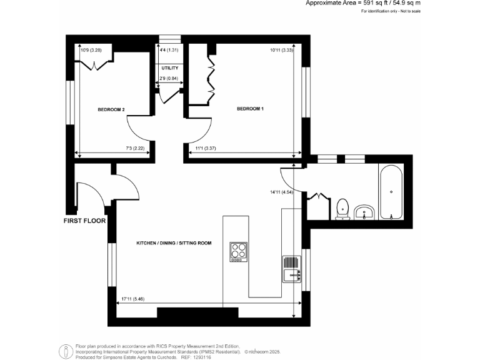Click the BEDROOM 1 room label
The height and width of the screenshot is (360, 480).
[x=250, y=109]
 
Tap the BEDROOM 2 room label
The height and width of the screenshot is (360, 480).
[x=111, y=110]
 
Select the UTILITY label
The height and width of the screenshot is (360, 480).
[x=170, y=68]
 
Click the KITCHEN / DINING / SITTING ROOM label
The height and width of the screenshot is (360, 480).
[x=174, y=241]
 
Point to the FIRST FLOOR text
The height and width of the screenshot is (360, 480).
[x=85, y=221]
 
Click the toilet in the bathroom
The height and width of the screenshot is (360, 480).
[x=342, y=209]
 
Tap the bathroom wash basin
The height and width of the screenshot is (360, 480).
[x=364, y=212]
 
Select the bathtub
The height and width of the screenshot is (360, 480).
[x=392, y=191]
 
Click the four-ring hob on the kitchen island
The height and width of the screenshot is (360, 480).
[x=239, y=251]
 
